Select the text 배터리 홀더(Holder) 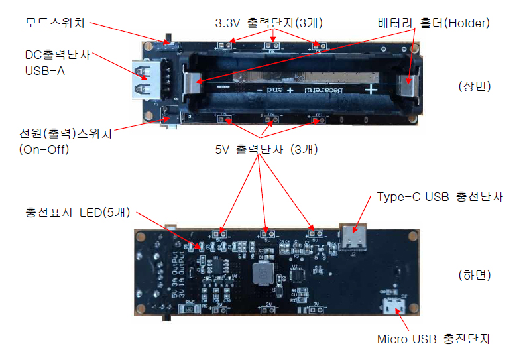[x=432, y=23]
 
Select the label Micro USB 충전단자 [x=434, y=339]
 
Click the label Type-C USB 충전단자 [x=440, y=197]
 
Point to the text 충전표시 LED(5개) [x=77, y=213]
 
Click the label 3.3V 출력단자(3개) [x=268, y=23]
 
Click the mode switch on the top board [x=172, y=39]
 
